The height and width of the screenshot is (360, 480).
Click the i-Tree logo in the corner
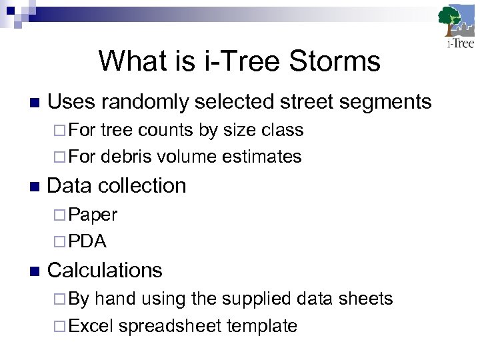tap(457, 27)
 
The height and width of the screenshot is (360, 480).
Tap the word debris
tap(127, 157)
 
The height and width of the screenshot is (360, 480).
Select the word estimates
tap(262, 157)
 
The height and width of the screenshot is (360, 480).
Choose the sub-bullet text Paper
tap(93, 215)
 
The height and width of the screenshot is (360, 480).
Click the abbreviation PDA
tap(87, 241)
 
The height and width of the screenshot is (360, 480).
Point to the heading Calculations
tap(105, 270)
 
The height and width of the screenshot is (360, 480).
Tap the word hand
tap(113, 299)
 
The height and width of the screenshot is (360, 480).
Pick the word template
tap(261, 326)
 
